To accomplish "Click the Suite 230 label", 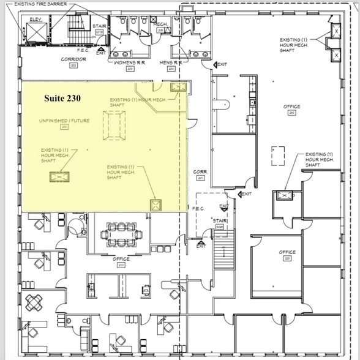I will [x=62, y=97].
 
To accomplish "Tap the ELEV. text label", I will [x=35, y=19].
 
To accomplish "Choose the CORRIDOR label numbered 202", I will [x=73, y=59].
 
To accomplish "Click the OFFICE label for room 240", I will [x=292, y=107].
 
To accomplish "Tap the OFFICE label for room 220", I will [x=288, y=252].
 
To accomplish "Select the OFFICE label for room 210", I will [x=121, y=259].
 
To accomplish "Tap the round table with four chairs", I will [x=36, y=301].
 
